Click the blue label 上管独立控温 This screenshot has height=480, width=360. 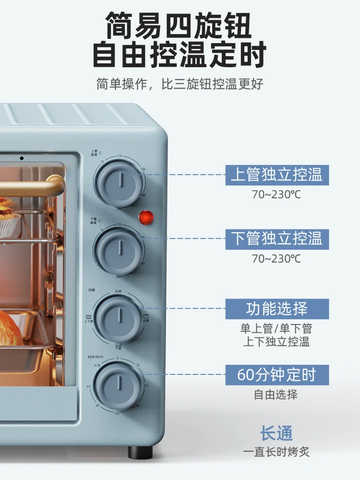277,175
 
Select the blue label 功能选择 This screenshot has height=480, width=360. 277,309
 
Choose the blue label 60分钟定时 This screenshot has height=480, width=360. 277,375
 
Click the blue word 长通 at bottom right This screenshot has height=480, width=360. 276,434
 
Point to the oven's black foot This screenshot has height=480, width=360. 141,452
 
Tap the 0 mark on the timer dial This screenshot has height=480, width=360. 118,359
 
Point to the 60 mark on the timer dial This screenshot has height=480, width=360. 89,387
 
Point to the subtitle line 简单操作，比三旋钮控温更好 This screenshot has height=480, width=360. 180,84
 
